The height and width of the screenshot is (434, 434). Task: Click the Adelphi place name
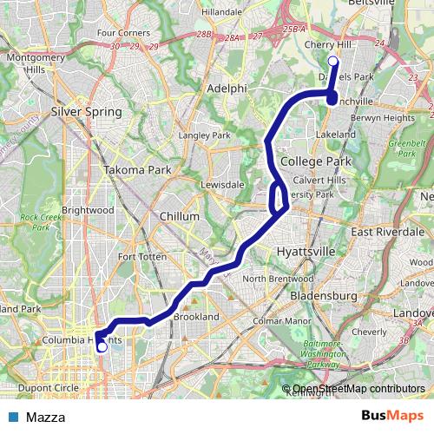[228, 89]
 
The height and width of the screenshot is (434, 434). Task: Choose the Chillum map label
[180, 216]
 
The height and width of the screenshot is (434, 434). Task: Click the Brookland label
[196, 318]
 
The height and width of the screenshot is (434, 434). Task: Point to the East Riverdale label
[387, 232]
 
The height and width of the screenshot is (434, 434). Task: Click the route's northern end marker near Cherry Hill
[332, 61]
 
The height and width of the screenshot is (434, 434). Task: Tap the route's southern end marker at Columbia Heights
[102, 347]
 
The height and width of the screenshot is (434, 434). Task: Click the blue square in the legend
[13, 417]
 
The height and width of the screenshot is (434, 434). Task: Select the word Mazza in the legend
[45, 417]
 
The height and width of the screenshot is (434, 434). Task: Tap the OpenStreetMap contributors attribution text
[358, 390]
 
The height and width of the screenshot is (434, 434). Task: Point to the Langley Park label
[204, 135]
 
